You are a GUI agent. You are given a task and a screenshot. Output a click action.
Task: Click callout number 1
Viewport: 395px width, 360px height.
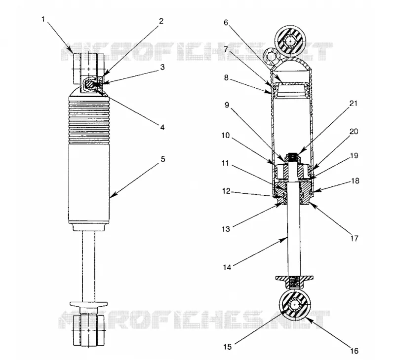point(43,19)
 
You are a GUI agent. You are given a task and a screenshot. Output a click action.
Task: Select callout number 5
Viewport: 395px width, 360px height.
point(163,159)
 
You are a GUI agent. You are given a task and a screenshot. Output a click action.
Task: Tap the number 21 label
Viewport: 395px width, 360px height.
point(354,103)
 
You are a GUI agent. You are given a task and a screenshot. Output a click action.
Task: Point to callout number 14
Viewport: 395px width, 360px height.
point(227,267)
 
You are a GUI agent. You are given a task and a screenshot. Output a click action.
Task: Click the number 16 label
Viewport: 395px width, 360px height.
point(354,351)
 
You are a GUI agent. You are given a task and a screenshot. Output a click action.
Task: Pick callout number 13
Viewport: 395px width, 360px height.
point(226,229)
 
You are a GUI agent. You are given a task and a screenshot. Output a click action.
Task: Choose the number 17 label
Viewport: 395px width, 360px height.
point(354,238)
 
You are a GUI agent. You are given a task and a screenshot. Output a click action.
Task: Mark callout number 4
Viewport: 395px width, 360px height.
point(162,127)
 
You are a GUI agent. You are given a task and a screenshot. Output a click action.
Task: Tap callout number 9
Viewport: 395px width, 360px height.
point(227,105)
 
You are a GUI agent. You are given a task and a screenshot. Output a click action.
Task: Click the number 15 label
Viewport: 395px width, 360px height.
point(227,347)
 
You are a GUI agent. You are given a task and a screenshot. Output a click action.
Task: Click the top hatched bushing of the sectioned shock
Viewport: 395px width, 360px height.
point(290,40)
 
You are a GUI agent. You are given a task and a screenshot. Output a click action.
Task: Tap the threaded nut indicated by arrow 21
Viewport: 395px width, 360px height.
point(292,158)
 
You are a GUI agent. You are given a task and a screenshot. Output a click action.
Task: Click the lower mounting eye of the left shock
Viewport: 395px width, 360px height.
point(89,330)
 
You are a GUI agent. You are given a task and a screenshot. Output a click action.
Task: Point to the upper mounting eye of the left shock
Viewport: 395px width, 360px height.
point(89,69)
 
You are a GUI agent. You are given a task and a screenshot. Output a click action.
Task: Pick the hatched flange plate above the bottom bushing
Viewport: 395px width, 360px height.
point(294,278)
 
